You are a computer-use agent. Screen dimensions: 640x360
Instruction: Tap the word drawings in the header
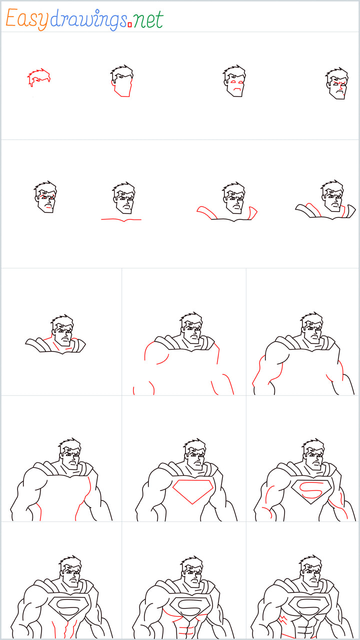tap(88, 19)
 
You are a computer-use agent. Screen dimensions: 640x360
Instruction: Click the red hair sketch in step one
tap(38, 78)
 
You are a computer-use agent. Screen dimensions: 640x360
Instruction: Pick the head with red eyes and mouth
tap(234, 81)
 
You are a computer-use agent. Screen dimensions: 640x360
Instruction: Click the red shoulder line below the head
tap(121, 219)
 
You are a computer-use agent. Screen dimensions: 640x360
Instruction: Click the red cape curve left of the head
tap(206, 212)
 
